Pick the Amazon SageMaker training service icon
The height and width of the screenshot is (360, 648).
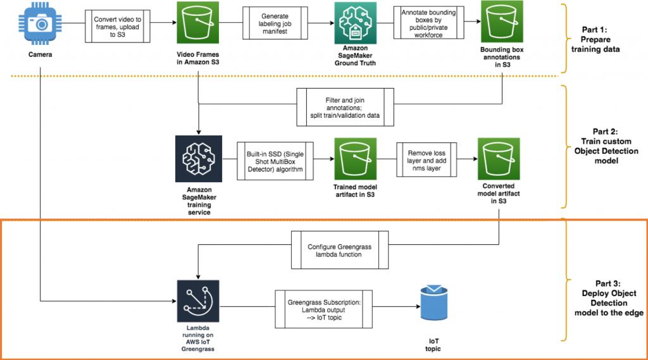pyautogui.click(x=198, y=156)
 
